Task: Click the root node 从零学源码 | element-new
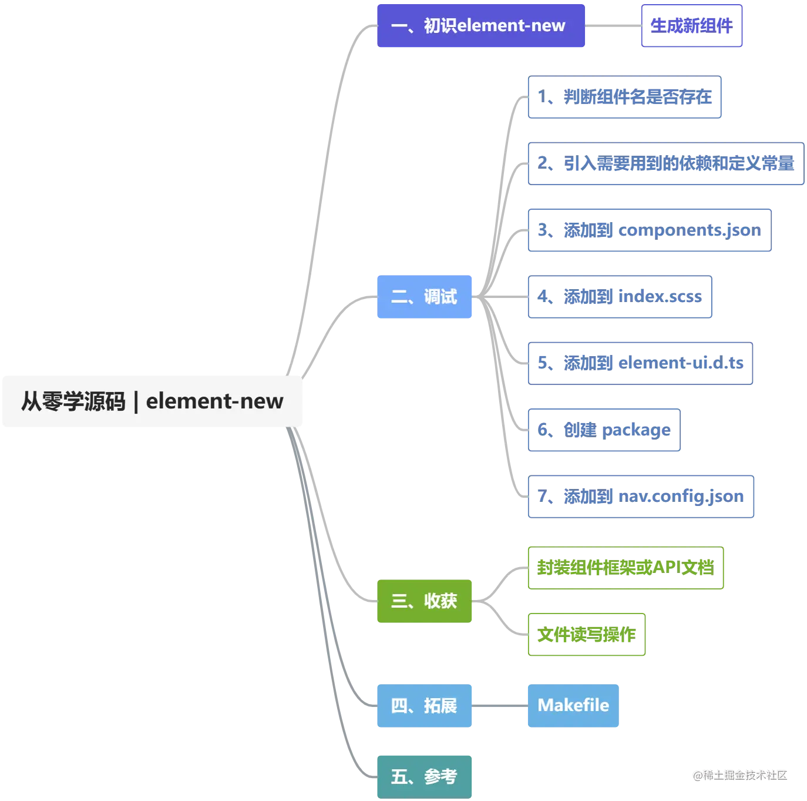tap(152, 400)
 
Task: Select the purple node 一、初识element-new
tap(481, 26)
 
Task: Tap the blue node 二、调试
tap(425, 297)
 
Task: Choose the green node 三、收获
tap(425, 601)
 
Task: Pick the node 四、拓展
tap(425, 705)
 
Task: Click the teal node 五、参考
tap(425, 776)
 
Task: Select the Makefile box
tap(573, 705)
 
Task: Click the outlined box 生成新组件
tap(691, 26)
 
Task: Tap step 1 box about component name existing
tap(624, 98)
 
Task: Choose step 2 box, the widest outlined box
tap(665, 164)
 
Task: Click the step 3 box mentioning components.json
tap(650, 230)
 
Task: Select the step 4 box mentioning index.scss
tap(620, 297)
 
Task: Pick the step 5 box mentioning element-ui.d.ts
tap(641, 363)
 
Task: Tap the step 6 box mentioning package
tap(603, 430)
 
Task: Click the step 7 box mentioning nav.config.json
tap(641, 497)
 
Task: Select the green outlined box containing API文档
tap(627, 568)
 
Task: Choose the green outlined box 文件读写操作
tap(587, 635)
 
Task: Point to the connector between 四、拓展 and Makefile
tap(500, 705)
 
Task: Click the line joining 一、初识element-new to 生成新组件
tap(613, 26)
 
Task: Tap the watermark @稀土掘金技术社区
tap(739, 775)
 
